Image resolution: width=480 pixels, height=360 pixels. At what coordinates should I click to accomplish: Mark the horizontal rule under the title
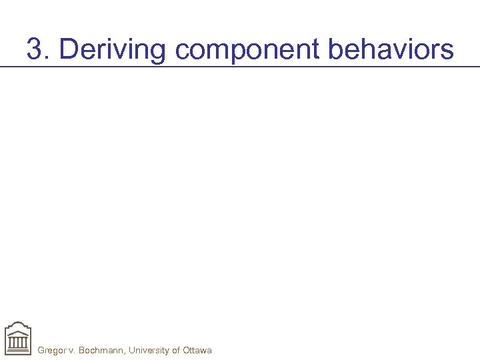(x=240, y=67)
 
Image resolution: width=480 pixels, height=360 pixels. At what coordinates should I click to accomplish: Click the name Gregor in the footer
(x=51, y=350)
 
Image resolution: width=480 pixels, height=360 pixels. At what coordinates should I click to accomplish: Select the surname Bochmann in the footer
(x=101, y=350)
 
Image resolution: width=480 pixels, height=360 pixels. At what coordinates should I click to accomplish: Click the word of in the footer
(x=177, y=350)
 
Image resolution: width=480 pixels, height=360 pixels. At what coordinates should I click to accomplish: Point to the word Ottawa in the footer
(x=198, y=350)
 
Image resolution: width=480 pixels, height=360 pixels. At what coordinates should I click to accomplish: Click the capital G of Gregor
(x=41, y=350)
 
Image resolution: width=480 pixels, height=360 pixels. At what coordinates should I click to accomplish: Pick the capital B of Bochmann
(x=82, y=350)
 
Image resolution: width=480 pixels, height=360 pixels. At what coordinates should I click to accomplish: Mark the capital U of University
(x=132, y=350)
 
